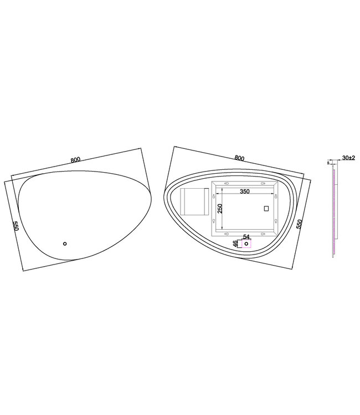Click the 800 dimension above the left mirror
(75, 160)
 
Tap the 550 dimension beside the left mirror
(16, 227)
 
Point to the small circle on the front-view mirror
(64, 243)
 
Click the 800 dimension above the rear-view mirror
(239, 158)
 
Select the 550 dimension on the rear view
(300, 224)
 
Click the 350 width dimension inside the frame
(244, 192)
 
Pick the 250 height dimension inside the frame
(219, 209)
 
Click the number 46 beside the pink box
(235, 243)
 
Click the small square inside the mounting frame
(266, 209)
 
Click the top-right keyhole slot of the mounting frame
(262, 182)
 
